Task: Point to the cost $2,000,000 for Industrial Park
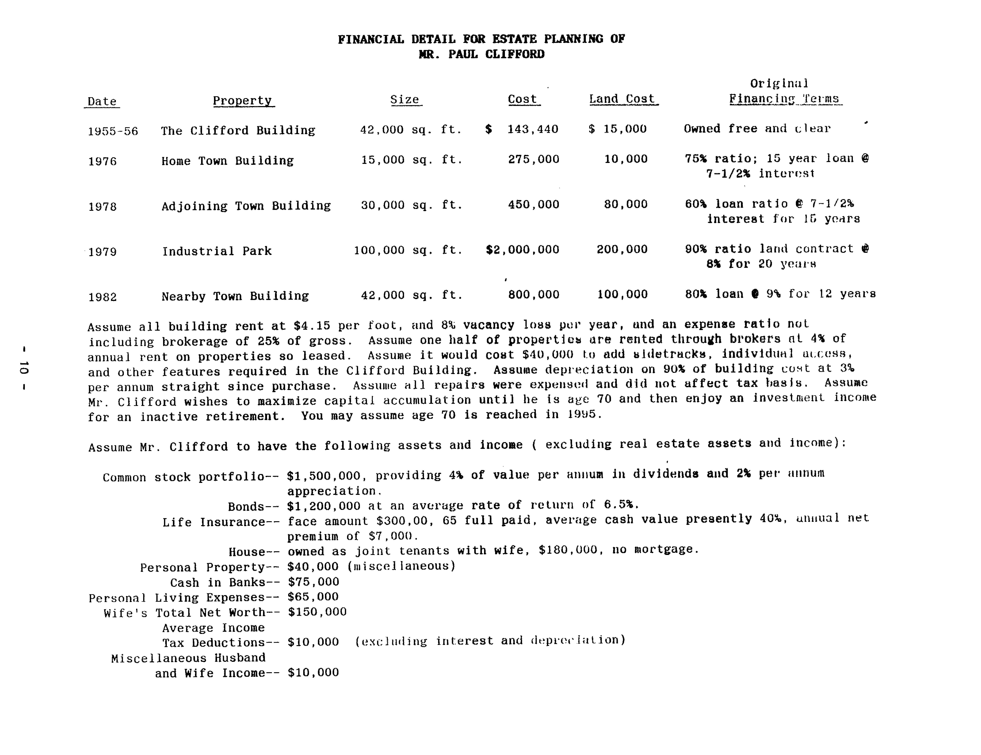(522, 250)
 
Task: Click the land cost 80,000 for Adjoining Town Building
(626, 204)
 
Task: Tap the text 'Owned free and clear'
(757, 129)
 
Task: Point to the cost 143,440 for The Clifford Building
(533, 129)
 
